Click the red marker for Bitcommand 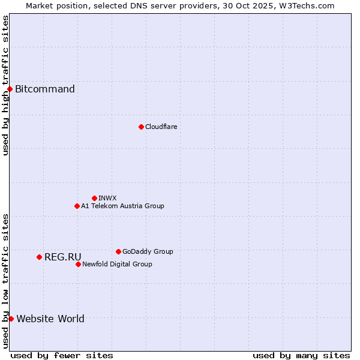(x=10, y=89)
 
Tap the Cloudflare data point (x=141, y=127)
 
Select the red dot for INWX (x=94, y=198)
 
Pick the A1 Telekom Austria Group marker (x=77, y=206)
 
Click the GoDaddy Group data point (x=118, y=251)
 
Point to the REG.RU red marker (x=39, y=257)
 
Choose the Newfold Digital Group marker (x=78, y=264)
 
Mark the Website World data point (x=11, y=319)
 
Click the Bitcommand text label (x=45, y=89)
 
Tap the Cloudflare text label (x=161, y=127)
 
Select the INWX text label (x=107, y=198)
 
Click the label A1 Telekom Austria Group (x=122, y=206)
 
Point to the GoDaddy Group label (x=148, y=251)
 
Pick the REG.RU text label (x=63, y=257)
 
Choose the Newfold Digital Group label (x=117, y=264)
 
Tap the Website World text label (x=50, y=319)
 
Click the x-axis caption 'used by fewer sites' (x=62, y=355)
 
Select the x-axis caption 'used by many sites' (x=301, y=355)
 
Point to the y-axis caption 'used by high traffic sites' (x=5, y=85)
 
